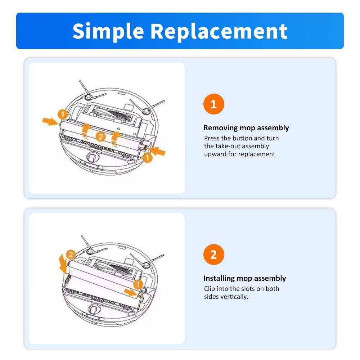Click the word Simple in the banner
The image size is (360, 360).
coord(108,31)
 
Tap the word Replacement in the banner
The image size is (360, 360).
coord(219,31)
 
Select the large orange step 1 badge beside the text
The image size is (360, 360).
coord(213,104)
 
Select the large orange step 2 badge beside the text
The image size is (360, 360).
coord(213,255)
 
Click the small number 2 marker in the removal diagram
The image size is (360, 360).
coord(100,136)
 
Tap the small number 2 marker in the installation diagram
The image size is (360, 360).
coord(71,255)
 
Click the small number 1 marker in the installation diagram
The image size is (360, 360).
coord(138,284)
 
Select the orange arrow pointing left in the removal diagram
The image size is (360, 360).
coord(157,151)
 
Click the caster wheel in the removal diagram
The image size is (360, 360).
coord(93,157)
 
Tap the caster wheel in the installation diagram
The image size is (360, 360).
coord(94,309)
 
